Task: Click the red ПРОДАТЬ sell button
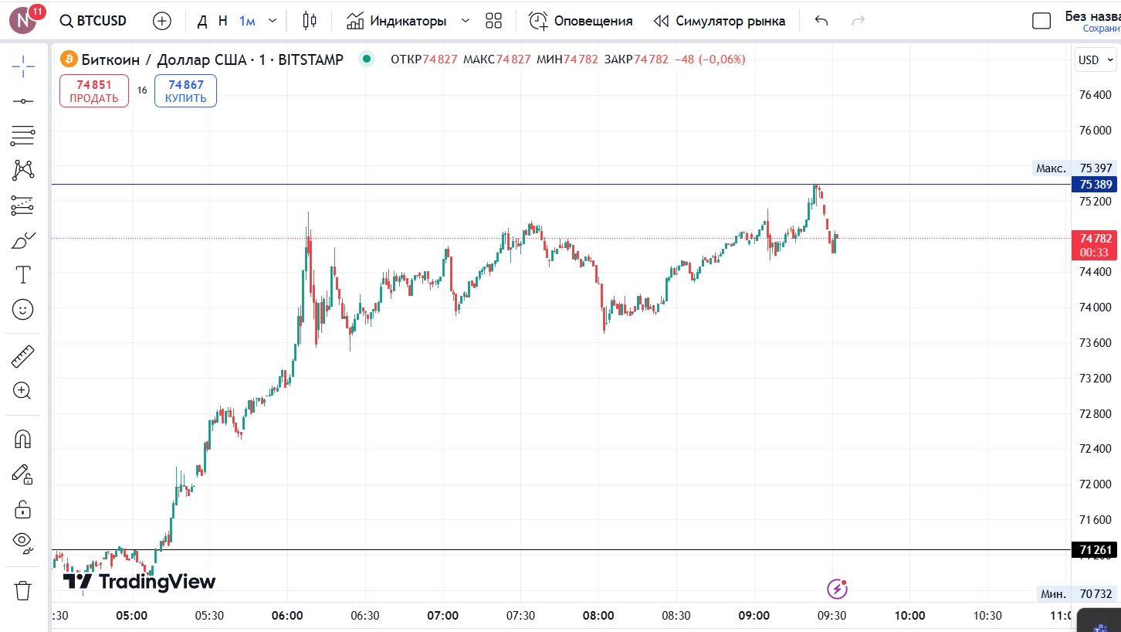94,90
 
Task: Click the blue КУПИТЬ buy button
185,90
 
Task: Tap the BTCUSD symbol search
93,21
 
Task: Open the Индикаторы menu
397,21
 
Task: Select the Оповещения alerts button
581,21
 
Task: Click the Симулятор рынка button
719,21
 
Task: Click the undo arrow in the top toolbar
821,21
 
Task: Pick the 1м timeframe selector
247,21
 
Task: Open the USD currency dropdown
1096,60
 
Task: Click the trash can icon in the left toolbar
22,590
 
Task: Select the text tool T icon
23,274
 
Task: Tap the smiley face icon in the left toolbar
22,310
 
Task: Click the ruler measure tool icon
22,356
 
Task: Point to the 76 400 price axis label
1095,95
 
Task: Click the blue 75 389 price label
1096,185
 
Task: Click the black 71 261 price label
1095,550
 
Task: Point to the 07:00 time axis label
442,616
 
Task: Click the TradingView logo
139,582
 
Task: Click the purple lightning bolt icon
837,589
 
